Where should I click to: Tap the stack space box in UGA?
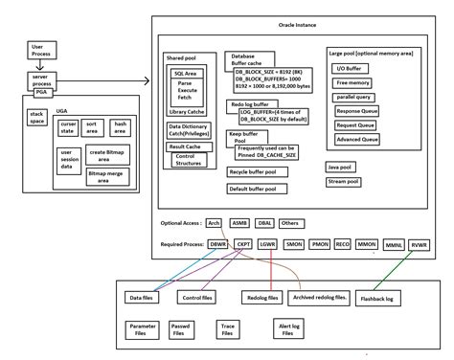(x=37, y=119)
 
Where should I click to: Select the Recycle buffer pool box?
(x=258, y=171)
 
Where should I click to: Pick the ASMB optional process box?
(x=239, y=222)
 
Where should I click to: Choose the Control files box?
(x=197, y=298)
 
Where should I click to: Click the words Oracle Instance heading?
(x=299, y=25)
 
